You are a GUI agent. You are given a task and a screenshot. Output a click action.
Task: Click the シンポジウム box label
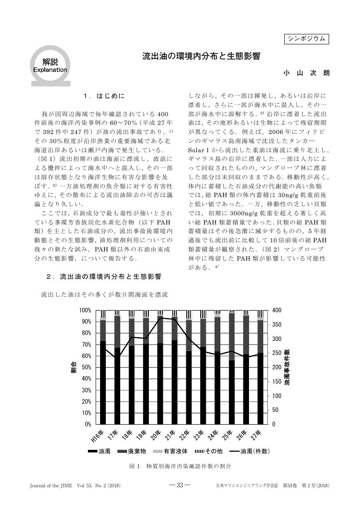(306, 39)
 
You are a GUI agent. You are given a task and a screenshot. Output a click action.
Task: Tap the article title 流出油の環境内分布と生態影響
(202, 57)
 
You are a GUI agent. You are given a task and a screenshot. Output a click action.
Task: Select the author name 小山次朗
(306, 73)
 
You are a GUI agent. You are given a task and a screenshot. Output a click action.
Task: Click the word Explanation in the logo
(50, 70)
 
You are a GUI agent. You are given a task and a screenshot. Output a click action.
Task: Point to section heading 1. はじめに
(106, 95)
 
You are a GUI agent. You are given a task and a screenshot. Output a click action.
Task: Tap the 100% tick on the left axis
(85, 310)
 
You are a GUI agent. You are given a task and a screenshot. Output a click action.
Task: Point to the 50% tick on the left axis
(86, 367)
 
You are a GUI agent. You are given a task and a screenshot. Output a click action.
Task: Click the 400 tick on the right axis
(277, 310)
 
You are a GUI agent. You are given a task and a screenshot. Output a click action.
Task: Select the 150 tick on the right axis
(277, 382)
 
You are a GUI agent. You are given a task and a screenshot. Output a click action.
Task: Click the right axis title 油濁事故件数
(288, 367)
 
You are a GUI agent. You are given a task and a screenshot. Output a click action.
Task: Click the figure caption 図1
(179, 466)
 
